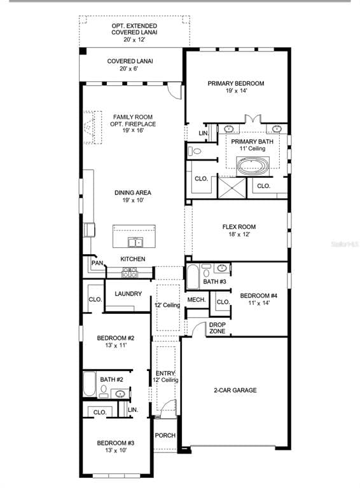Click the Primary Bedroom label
click(x=235, y=87)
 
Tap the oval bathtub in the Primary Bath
click(x=253, y=166)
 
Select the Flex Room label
click(x=239, y=231)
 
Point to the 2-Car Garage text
click(x=235, y=390)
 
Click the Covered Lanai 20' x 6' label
click(x=130, y=65)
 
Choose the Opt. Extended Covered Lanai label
click(x=134, y=32)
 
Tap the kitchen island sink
click(x=134, y=241)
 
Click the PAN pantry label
click(x=97, y=263)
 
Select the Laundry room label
click(x=128, y=294)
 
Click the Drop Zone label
click(x=217, y=329)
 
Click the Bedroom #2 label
click(x=115, y=342)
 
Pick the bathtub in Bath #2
click(x=89, y=384)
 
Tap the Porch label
click(x=165, y=436)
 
